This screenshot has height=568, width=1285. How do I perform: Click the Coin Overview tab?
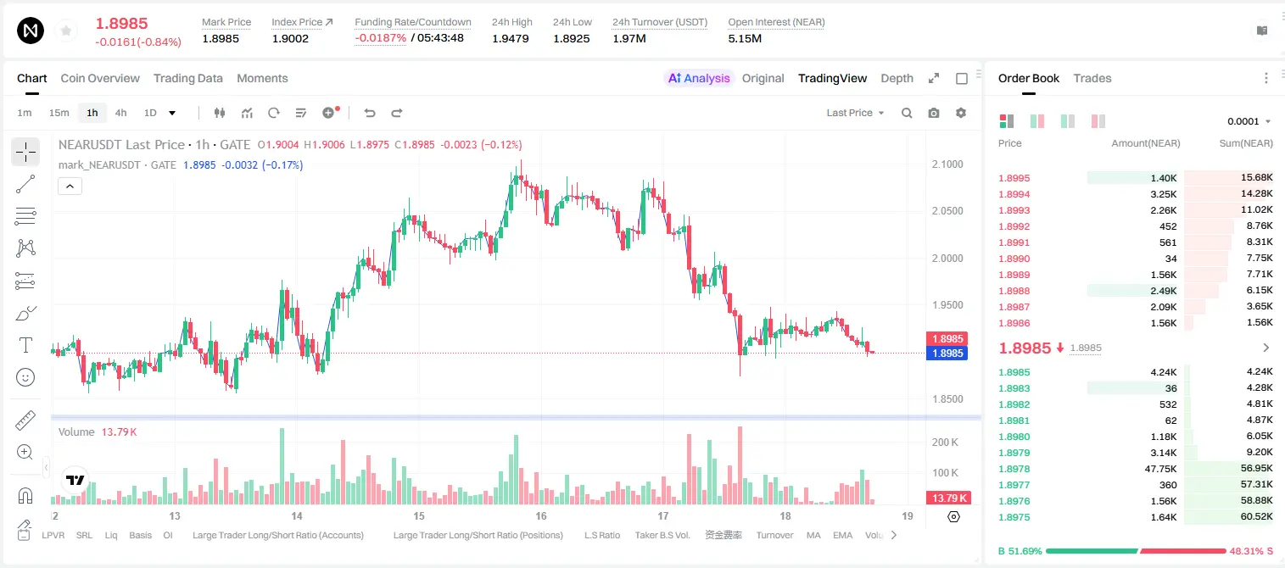[100, 78]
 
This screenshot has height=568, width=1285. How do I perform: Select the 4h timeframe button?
[120, 113]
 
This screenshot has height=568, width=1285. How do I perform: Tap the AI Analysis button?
[699, 78]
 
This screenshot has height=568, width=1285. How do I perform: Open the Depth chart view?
[897, 78]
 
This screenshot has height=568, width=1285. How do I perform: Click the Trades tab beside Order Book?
[1092, 78]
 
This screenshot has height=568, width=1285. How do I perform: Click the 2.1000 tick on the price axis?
[947, 164]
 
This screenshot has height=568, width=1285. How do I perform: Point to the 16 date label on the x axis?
[541, 515]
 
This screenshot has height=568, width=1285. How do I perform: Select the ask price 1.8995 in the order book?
[1014, 178]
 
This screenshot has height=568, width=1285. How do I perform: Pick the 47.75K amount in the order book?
[1160, 469]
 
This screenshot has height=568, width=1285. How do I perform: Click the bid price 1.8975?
[1014, 517]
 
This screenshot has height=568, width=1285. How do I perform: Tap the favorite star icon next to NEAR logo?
[66, 31]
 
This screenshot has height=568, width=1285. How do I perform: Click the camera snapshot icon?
[934, 113]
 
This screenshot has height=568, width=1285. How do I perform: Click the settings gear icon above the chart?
[961, 113]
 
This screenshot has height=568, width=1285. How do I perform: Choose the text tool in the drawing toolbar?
[25, 345]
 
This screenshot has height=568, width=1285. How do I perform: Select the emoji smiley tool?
[25, 377]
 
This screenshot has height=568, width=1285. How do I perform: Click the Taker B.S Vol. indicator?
[662, 535]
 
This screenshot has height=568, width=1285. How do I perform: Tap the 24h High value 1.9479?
[511, 38]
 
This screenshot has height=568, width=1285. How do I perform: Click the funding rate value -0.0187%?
[380, 38]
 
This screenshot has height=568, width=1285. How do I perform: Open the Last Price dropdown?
[855, 113]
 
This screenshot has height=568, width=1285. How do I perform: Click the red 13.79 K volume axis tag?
[947, 498]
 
